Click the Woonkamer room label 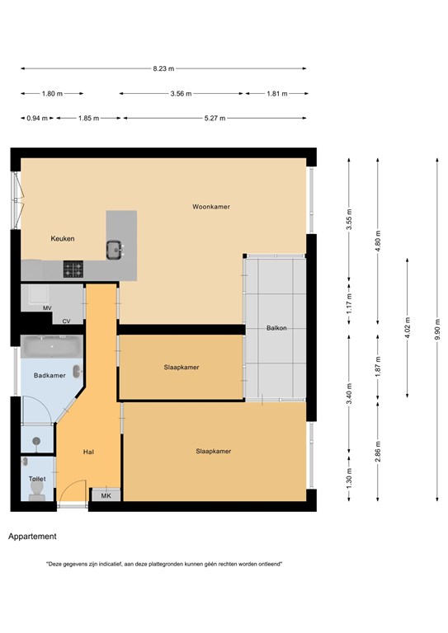click(211, 207)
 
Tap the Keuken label click(63, 238)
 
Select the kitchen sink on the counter click(115, 250)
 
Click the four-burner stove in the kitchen click(73, 270)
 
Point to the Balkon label click(276, 328)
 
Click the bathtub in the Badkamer click(52, 347)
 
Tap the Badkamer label click(50, 376)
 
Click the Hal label click(88, 452)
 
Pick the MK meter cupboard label click(106, 495)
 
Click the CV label click(66, 321)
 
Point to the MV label click(47, 308)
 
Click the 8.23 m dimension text click(163, 68)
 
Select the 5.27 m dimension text click(215, 119)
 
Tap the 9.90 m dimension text click(437, 330)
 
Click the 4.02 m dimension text click(408, 328)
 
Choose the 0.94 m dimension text click(37, 119)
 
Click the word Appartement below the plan click(32, 537)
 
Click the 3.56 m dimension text click(181, 94)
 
